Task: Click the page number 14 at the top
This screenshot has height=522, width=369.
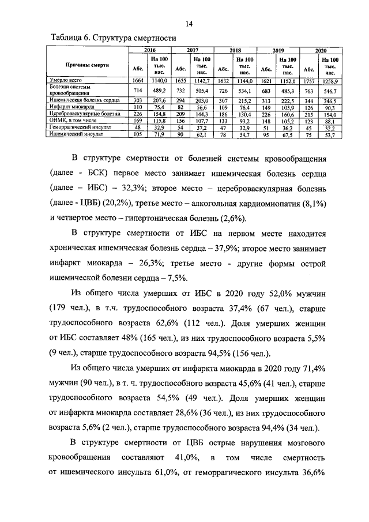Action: click(x=189, y=24)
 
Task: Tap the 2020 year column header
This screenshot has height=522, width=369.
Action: click(x=321, y=51)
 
